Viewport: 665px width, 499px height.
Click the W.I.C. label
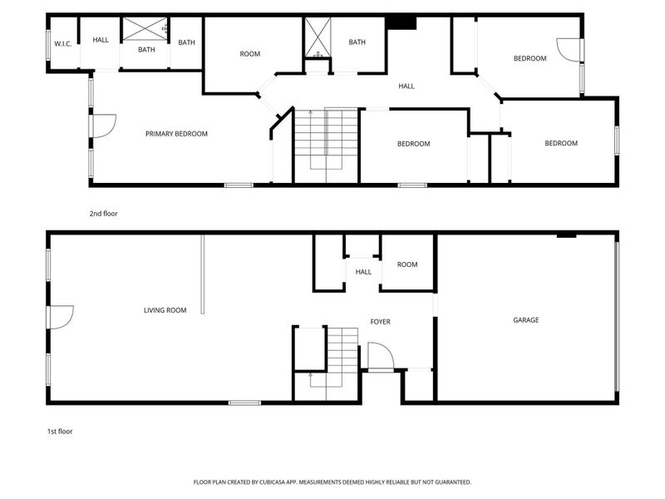point(63,44)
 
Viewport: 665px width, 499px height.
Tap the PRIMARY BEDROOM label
point(176,134)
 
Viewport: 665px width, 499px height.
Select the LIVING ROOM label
point(165,310)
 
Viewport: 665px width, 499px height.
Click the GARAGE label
point(526,320)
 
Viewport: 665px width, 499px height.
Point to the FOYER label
point(380,322)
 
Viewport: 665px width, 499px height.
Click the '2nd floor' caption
point(103,214)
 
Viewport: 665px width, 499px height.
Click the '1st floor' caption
point(60,432)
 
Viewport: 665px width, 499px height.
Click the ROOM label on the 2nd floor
point(250,54)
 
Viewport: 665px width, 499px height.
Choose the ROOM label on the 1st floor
point(407,264)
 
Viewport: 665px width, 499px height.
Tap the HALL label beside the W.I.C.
point(101,40)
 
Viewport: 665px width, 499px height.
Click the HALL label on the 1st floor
point(363,272)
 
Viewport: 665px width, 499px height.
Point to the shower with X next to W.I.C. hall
point(145,29)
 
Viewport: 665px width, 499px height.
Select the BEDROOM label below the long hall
point(413,144)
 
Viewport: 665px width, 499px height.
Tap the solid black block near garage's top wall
point(566,235)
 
